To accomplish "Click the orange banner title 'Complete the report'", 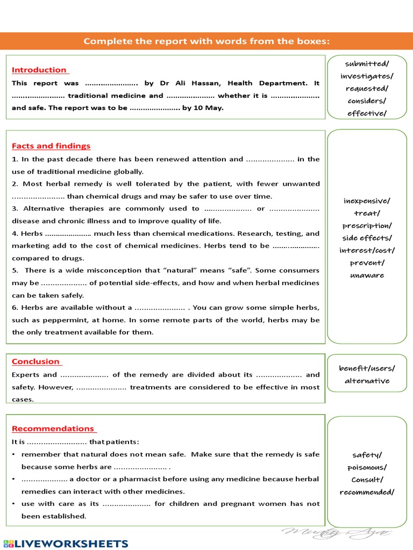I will click(206, 41).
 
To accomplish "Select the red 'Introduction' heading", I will click(39, 70).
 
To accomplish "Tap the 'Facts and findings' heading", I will click(51, 146).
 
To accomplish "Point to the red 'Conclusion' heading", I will click(35, 361).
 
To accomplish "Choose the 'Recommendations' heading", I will click(53, 429).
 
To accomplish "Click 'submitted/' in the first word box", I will click(367, 64).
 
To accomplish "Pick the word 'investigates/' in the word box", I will click(367, 76).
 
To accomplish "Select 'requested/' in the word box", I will click(367, 89).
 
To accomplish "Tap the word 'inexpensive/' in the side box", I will click(367, 201).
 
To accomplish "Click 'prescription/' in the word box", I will click(367, 226).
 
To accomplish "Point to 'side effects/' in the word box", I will click(367, 238).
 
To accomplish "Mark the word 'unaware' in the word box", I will click(367, 275).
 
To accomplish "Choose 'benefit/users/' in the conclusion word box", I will click(367, 368).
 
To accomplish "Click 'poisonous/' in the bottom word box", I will click(367, 467).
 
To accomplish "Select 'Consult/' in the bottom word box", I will click(367, 480).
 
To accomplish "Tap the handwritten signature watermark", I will click(336, 533).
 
